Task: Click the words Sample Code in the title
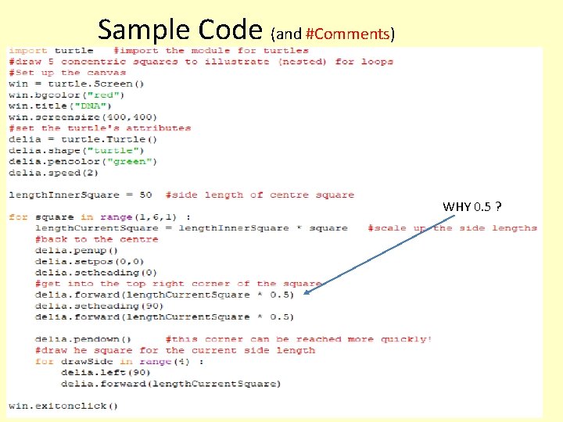click(180, 30)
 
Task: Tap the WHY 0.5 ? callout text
click(472, 207)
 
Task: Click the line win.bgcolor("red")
click(66, 95)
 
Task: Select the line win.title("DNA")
click(60, 105)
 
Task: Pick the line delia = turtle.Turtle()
click(83, 139)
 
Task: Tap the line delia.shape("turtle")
click(77, 150)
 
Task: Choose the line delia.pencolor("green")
click(83, 161)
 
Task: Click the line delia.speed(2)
click(53, 172)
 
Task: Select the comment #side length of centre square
click(260, 195)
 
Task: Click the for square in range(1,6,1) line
click(99, 217)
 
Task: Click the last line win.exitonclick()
click(63, 406)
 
